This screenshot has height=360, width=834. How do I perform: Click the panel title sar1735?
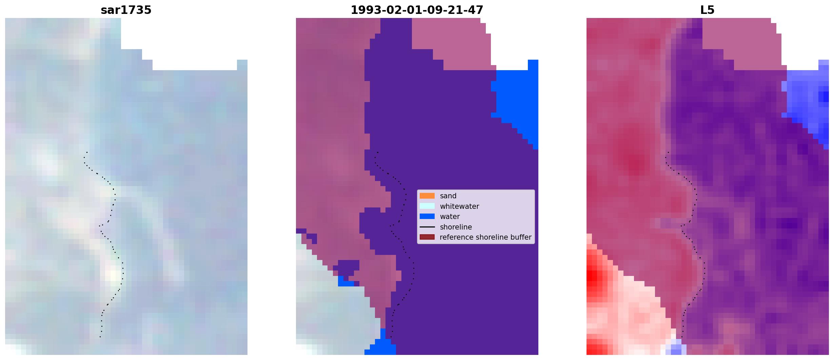(126, 10)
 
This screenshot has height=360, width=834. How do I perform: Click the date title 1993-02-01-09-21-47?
(417, 10)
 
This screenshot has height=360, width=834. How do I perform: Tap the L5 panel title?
(707, 10)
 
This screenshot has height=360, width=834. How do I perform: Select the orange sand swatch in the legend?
(427, 196)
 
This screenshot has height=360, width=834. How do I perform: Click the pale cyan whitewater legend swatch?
(427, 206)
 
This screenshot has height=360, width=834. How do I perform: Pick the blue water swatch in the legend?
(427, 216)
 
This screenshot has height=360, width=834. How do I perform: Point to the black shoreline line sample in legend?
(427, 227)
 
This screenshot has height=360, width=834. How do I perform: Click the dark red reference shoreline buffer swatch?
(427, 237)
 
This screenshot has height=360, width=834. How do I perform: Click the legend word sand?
(448, 196)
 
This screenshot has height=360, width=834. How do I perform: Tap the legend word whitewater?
(459, 206)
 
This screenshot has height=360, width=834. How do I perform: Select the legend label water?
(450, 217)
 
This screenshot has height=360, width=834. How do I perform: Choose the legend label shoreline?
(456, 227)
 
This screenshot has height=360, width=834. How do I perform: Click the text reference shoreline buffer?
(485, 237)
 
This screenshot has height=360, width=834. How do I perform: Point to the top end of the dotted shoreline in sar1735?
(87, 153)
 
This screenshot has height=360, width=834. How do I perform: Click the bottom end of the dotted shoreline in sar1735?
(100, 337)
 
